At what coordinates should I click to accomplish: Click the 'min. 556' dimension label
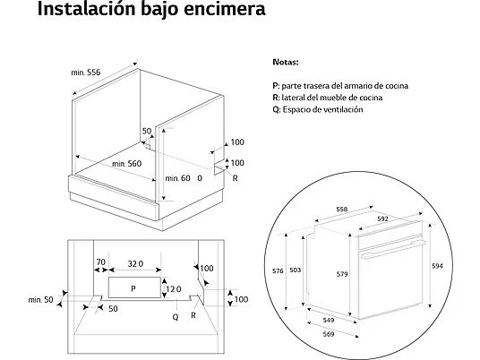(x=86, y=73)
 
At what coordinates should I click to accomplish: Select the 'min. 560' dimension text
(x=127, y=164)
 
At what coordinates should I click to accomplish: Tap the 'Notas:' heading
(x=286, y=62)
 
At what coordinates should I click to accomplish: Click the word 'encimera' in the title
(x=225, y=9)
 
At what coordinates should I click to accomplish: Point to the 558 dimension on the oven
(x=342, y=210)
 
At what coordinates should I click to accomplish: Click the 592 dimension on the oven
(x=382, y=219)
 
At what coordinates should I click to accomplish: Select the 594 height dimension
(x=437, y=266)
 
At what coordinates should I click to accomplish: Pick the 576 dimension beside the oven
(x=278, y=271)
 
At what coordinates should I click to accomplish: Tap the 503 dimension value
(x=296, y=270)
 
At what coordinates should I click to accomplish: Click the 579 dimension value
(x=342, y=274)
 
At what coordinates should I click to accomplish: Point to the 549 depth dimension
(x=329, y=321)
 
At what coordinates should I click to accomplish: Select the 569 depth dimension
(x=328, y=334)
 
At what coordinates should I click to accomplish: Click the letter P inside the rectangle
(x=133, y=288)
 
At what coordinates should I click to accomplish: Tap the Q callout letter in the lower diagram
(x=176, y=317)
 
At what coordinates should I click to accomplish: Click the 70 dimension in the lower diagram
(x=100, y=262)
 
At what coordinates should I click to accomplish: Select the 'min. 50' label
(x=40, y=300)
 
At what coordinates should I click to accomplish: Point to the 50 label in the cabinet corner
(x=147, y=131)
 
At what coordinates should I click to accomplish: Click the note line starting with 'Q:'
(x=318, y=109)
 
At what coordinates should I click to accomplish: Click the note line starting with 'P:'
(x=340, y=86)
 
